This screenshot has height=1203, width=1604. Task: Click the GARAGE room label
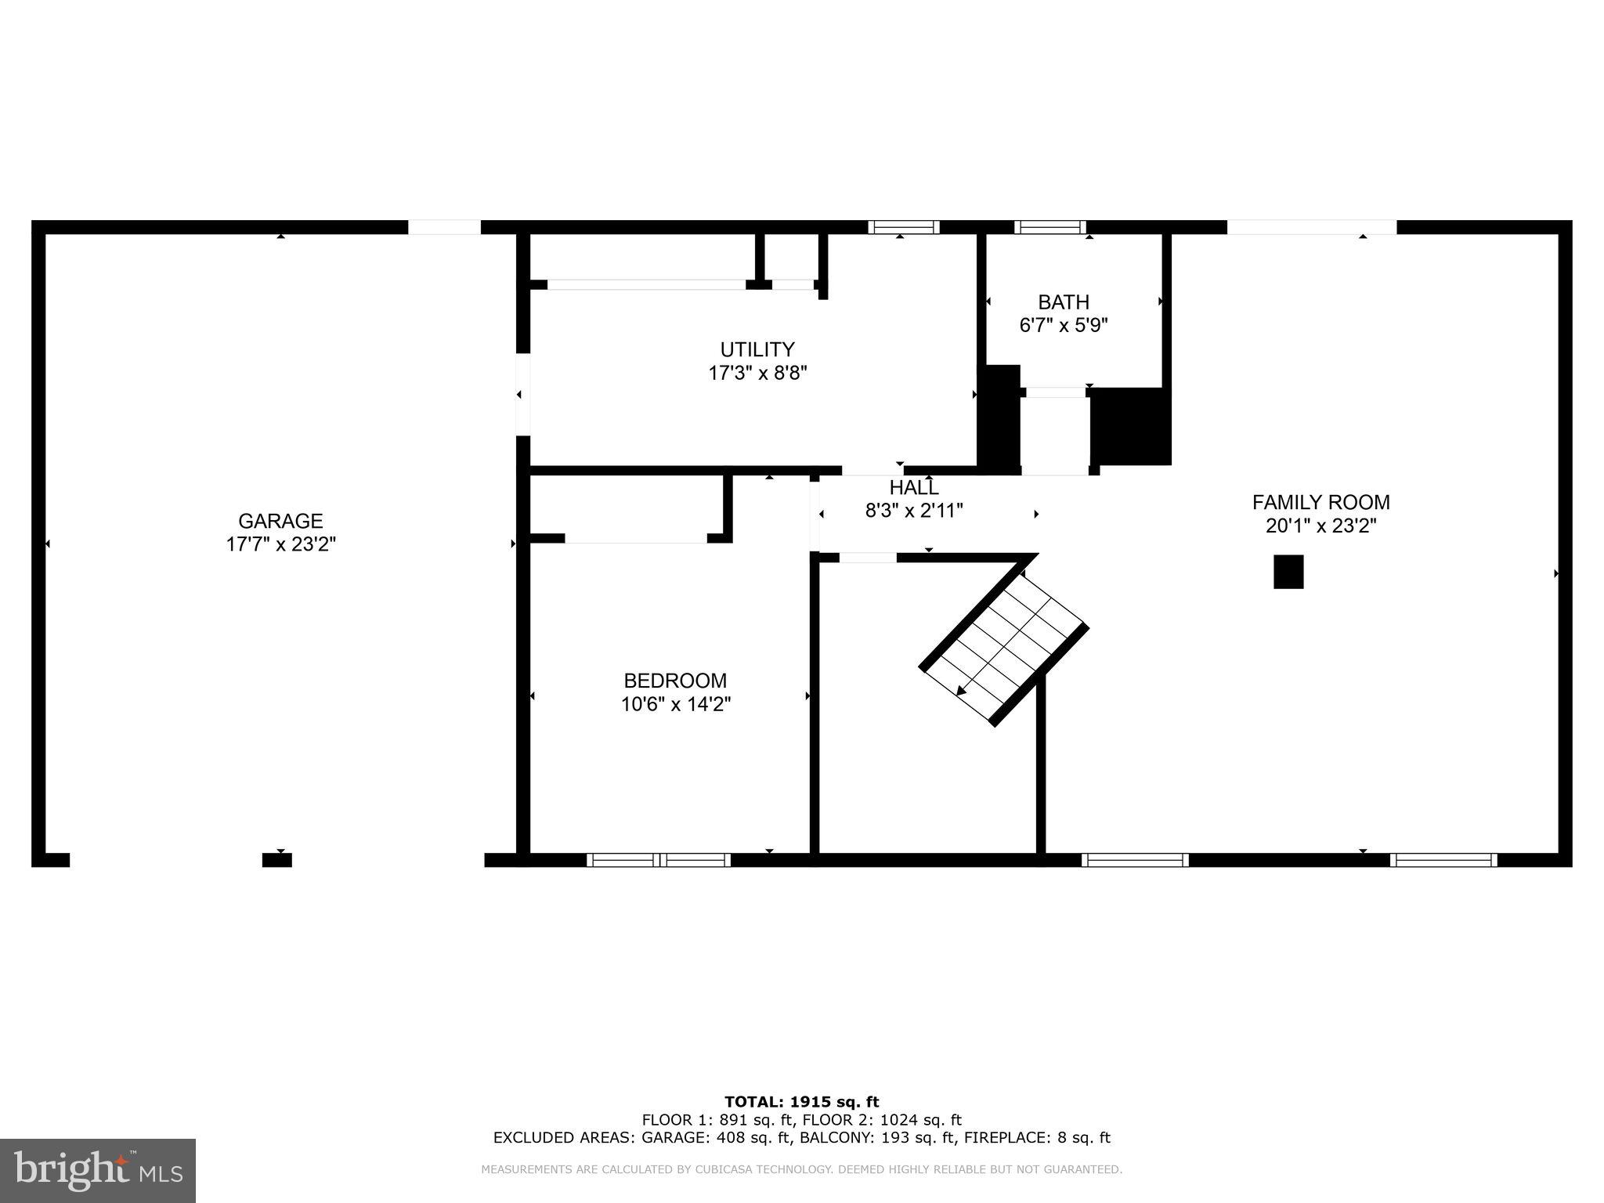point(280,521)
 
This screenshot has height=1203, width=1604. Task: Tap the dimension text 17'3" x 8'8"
point(757,373)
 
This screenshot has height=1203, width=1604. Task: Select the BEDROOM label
point(675,681)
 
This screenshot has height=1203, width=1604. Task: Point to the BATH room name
point(1063,302)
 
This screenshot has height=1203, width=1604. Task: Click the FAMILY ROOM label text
point(1320,502)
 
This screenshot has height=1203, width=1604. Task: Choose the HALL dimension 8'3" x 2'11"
point(913,511)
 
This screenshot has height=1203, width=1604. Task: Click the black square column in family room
point(1288,572)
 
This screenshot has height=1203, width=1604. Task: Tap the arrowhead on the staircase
point(960,691)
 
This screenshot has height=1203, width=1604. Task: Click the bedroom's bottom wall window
point(659,860)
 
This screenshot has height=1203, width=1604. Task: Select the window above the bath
point(1049,227)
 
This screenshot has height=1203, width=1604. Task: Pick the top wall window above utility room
point(903,227)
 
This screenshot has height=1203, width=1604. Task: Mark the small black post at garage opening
point(276,860)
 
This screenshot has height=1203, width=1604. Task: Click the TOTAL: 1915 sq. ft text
point(801,1102)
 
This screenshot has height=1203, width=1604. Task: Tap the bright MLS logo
point(98,1170)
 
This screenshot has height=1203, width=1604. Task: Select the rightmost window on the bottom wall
point(1443,860)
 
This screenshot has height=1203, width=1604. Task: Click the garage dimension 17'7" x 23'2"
point(280,544)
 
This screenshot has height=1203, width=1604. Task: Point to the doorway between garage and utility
point(522,394)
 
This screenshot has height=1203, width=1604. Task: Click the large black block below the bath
point(1130,426)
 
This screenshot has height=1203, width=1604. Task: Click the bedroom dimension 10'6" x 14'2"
point(675,704)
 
